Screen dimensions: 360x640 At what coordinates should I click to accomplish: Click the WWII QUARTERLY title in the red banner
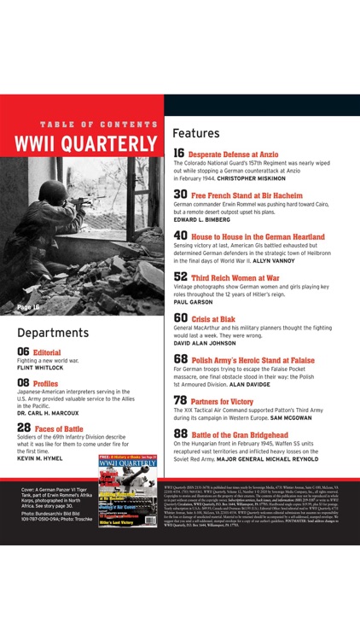click(86, 142)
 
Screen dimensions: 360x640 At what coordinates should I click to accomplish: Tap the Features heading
click(202, 134)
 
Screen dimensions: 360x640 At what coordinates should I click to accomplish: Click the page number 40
click(180, 236)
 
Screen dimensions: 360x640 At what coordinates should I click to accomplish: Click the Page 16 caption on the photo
click(29, 305)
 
